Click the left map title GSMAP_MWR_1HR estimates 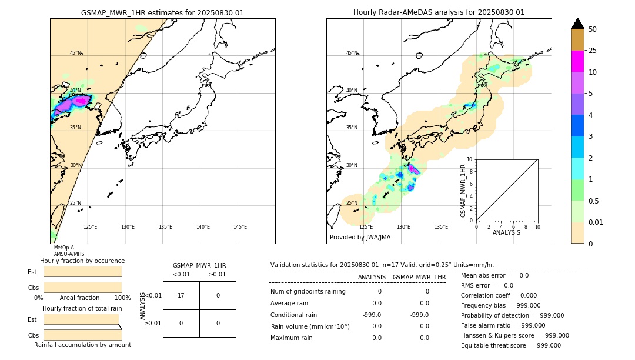click(x=162, y=12)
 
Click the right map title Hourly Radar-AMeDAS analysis click(x=439, y=12)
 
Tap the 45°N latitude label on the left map click(x=76, y=53)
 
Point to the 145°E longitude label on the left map click(x=240, y=227)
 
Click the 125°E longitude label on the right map click(x=366, y=227)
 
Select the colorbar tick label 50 click(x=593, y=29)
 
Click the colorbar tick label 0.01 click(x=596, y=222)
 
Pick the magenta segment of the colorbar click(x=578, y=61)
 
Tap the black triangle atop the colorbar click(x=578, y=24)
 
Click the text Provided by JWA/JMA click(x=360, y=237)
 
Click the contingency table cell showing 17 click(x=181, y=295)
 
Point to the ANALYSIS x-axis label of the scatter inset click(x=506, y=232)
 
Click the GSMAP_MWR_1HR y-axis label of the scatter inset click(x=463, y=191)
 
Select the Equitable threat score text click(x=511, y=345)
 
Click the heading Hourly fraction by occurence click(x=82, y=261)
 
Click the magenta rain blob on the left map click(x=81, y=101)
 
